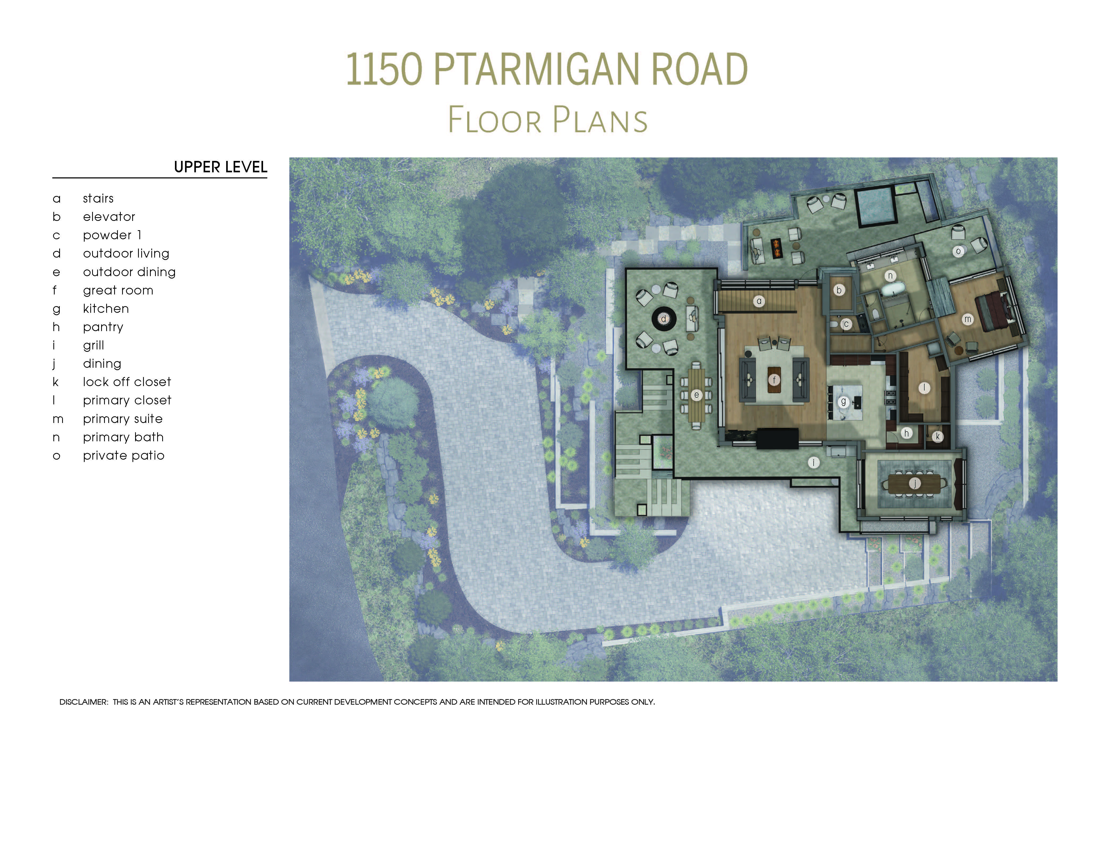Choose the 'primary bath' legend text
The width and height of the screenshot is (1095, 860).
[x=123, y=437]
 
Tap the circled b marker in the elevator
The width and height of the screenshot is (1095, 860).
[x=839, y=290]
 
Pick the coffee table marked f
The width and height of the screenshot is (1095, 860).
[x=774, y=380]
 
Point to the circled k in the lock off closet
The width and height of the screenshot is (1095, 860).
[x=937, y=437]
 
